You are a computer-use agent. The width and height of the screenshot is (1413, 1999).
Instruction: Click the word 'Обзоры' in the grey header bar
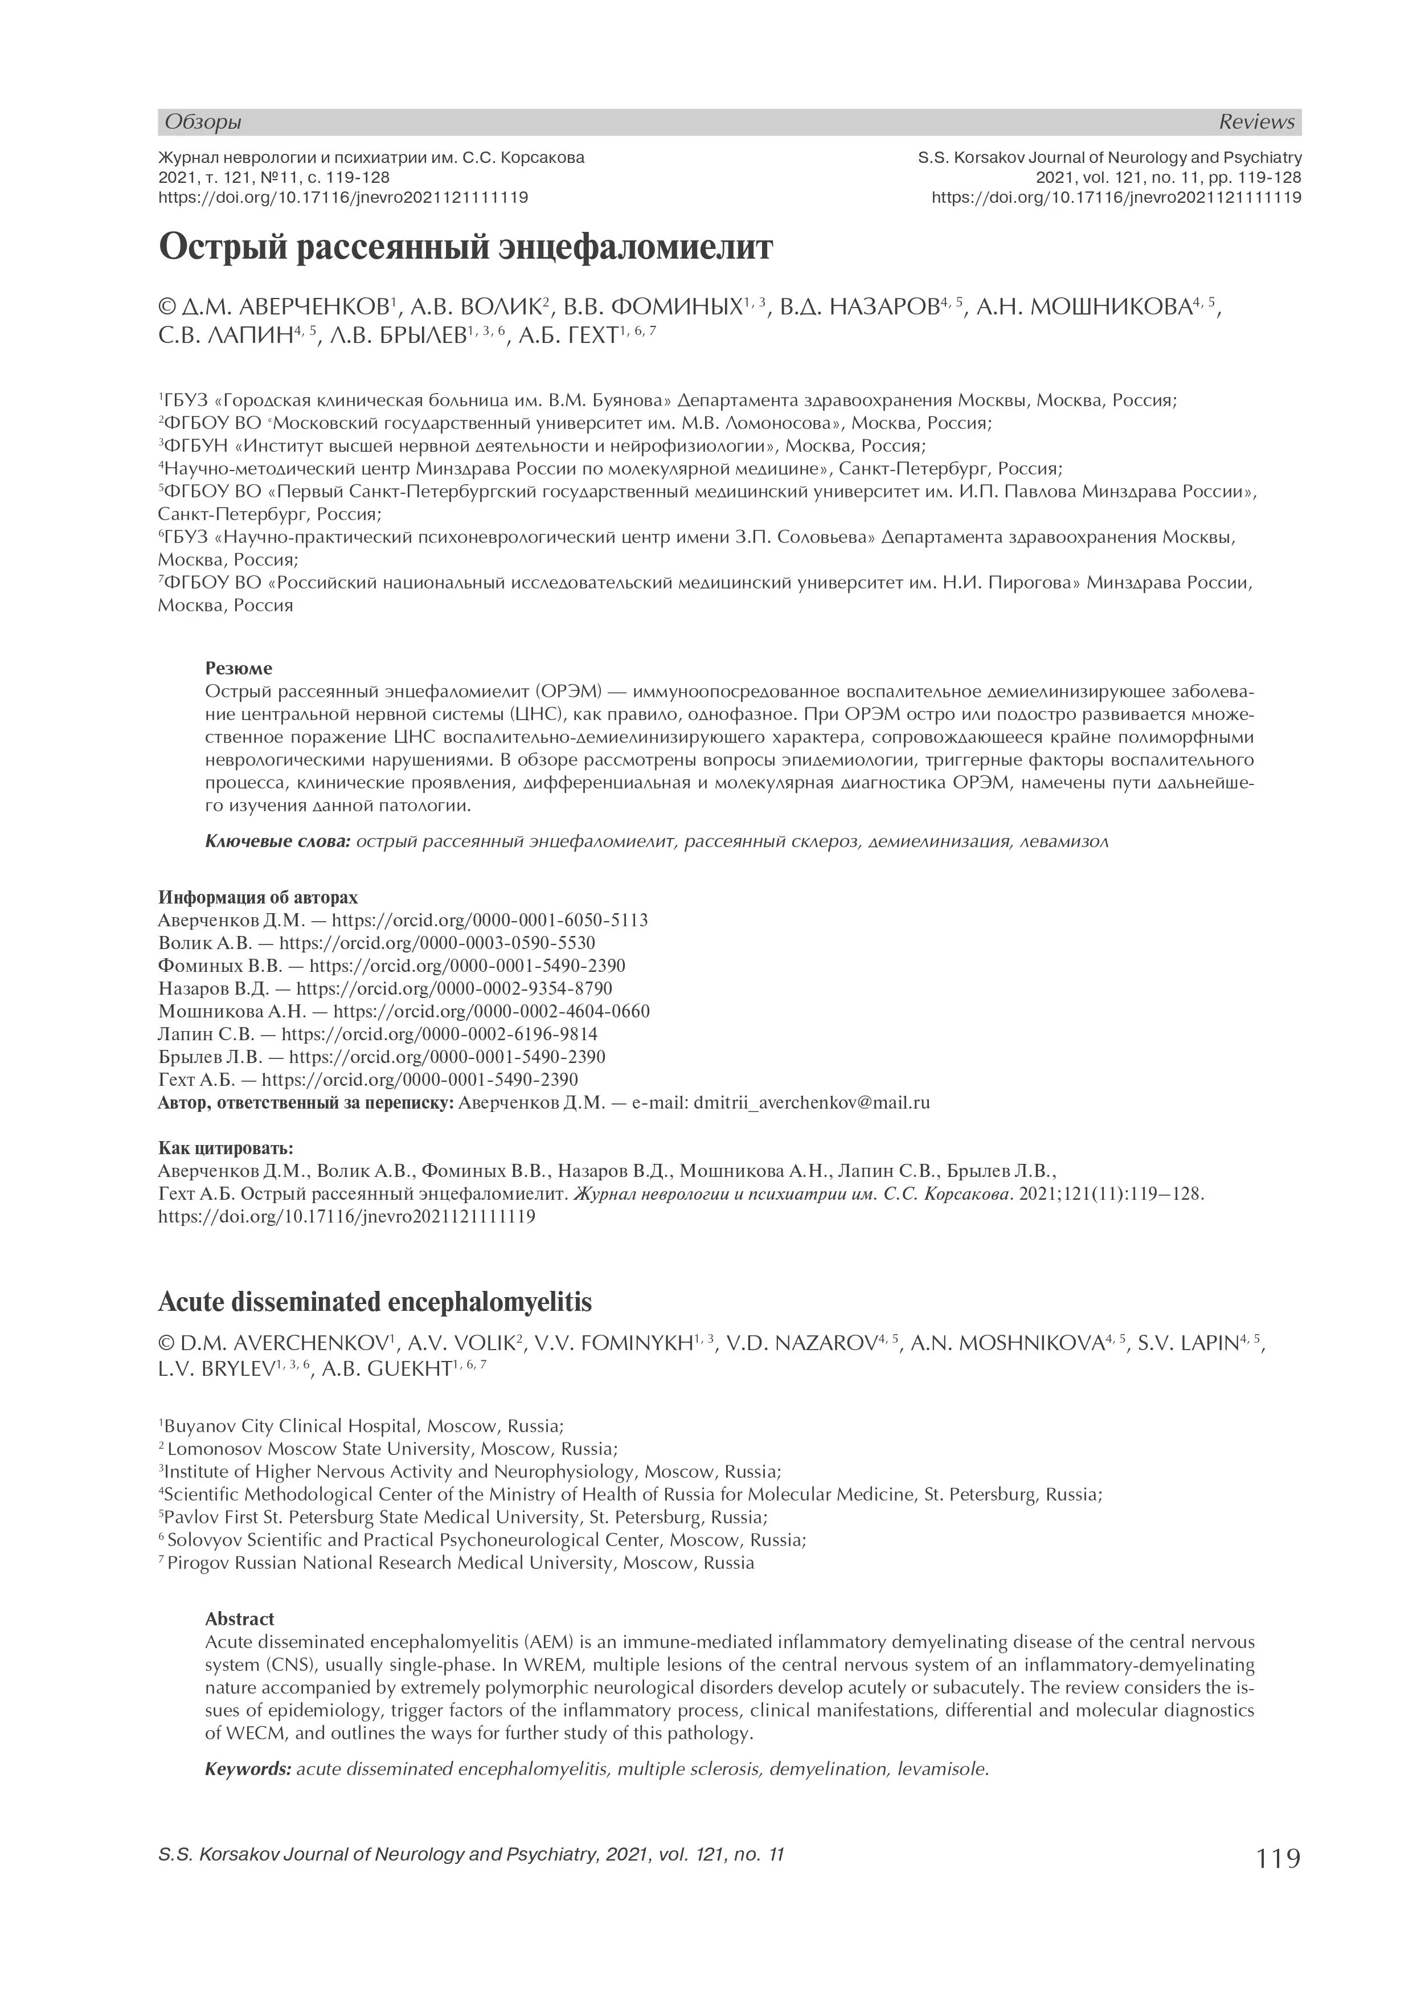[x=203, y=122]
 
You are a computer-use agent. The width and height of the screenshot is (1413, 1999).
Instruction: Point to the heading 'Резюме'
[x=239, y=669]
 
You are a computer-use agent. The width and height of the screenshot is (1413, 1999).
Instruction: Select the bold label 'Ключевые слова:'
[x=278, y=842]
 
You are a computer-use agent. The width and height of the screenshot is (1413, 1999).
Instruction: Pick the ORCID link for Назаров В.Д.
[x=453, y=989]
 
